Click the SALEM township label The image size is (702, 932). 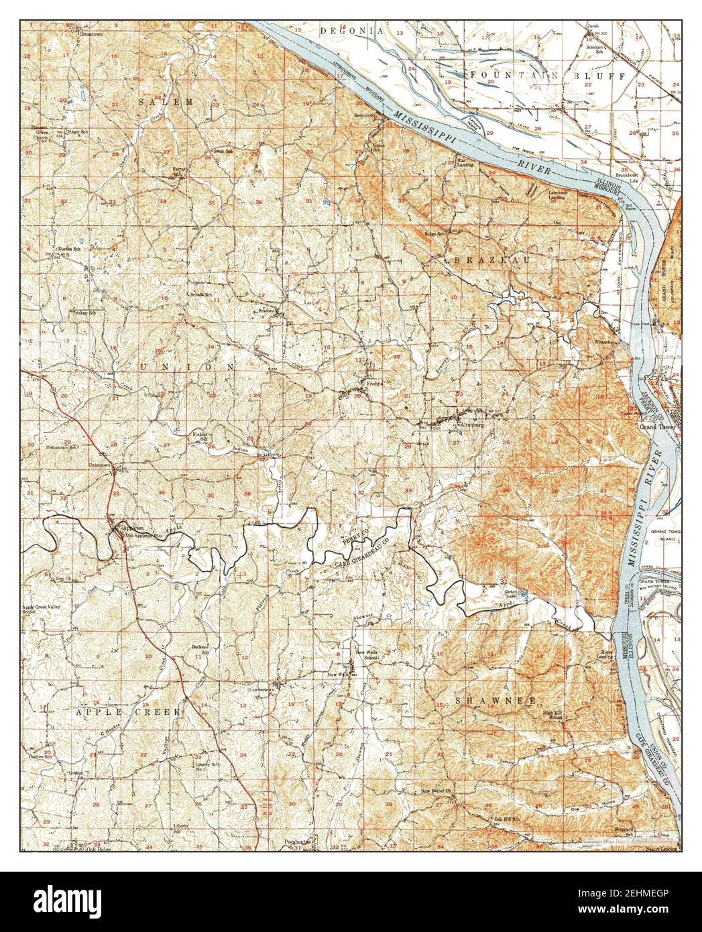click(166, 101)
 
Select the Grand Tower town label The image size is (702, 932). click(660, 427)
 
